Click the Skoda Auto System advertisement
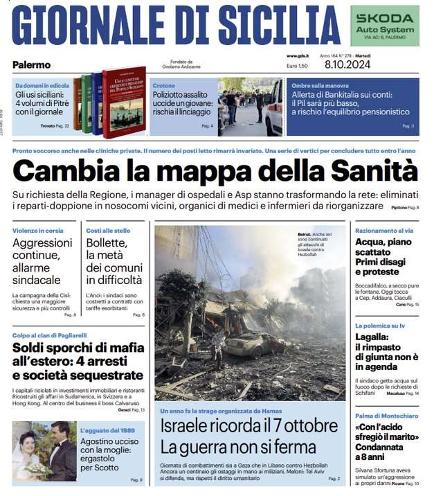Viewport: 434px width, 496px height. (384, 26)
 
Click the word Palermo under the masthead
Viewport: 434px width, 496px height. (31, 65)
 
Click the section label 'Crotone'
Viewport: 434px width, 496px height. (163, 86)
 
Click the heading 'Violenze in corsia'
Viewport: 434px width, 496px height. (37, 230)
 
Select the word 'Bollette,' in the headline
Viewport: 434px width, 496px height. (107, 243)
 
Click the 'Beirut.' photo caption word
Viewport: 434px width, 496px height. (305, 235)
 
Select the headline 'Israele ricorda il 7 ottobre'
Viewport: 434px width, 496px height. (250, 425)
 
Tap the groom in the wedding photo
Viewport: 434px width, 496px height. (61, 450)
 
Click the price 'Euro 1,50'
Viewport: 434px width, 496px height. (297, 65)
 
